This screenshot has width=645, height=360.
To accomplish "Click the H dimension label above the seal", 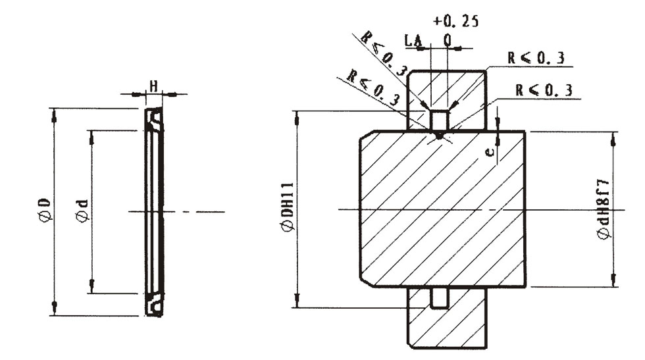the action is click(x=153, y=87).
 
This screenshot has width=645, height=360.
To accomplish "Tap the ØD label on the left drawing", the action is click(x=45, y=211).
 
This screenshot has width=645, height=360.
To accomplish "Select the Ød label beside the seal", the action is click(x=82, y=211).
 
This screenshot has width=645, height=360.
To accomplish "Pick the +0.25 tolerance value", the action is click(x=456, y=20).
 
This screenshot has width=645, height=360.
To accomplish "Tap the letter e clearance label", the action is click(x=490, y=152).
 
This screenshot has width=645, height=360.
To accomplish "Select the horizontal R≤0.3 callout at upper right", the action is click(x=536, y=58).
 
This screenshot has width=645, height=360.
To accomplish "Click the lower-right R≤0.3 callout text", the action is click(x=544, y=90).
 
